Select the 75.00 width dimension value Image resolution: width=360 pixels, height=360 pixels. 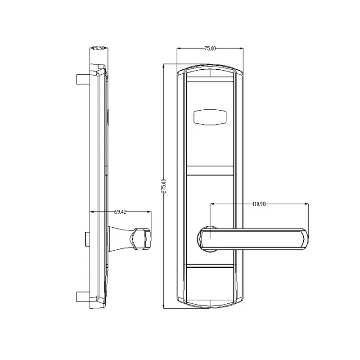210,48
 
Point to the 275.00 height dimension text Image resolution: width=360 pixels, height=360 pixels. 164,186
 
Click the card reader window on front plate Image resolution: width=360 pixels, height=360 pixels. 210,117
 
